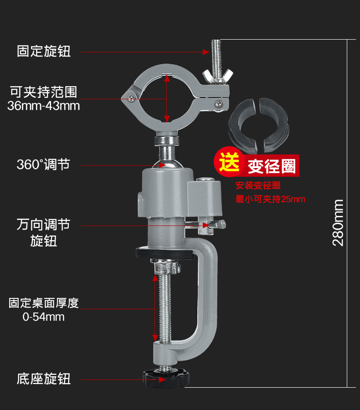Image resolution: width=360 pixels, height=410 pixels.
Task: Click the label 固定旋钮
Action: coord(44,51)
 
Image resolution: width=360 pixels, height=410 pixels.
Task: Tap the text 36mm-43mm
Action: coord(44,106)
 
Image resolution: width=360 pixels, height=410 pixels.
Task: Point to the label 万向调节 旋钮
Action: coord(44,232)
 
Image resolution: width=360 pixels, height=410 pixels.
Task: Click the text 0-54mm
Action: coord(44,317)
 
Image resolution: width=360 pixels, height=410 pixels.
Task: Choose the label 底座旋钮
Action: coord(44,379)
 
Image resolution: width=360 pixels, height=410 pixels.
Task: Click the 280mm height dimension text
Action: coord(338,223)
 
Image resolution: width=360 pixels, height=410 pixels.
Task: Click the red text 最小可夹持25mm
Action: coord(270,199)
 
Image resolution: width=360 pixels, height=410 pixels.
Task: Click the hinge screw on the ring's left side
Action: coord(131,97)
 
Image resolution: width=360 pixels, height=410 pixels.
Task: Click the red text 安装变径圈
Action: coord(258,186)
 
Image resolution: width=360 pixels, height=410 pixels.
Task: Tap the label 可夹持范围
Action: coord(44,92)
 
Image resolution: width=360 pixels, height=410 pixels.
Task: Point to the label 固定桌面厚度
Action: coord(44,303)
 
